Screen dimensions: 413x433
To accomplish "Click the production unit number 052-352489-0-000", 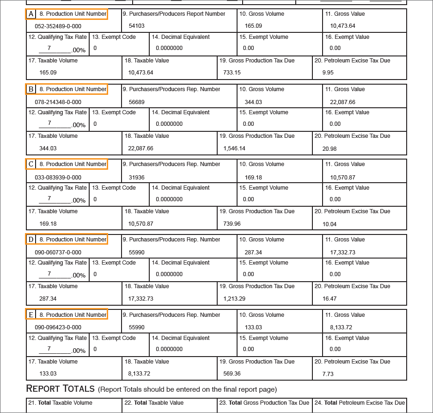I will point(58,26).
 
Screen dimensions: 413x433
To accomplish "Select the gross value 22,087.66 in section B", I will point(342,102).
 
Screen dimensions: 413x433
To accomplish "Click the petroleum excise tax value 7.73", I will point(328,374).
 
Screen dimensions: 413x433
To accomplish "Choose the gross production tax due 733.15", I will point(232,72).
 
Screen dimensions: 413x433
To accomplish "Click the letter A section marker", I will point(31,14).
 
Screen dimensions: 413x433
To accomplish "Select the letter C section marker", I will point(31,164).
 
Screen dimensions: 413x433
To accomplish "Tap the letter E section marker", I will point(31,315).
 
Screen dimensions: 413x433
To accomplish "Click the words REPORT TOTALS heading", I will point(60,388).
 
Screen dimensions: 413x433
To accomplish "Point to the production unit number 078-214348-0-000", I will point(58,102).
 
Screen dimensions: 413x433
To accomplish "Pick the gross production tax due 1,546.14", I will point(234,148).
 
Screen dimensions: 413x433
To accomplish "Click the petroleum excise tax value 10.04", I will point(329,224).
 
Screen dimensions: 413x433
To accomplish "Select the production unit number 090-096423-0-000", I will point(58,327).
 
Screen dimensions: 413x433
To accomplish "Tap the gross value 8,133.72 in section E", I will point(341,327).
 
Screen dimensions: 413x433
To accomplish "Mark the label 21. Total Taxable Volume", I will point(60,403).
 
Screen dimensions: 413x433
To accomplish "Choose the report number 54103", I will point(136,26).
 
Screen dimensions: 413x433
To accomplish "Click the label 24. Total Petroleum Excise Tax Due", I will point(360,403).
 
